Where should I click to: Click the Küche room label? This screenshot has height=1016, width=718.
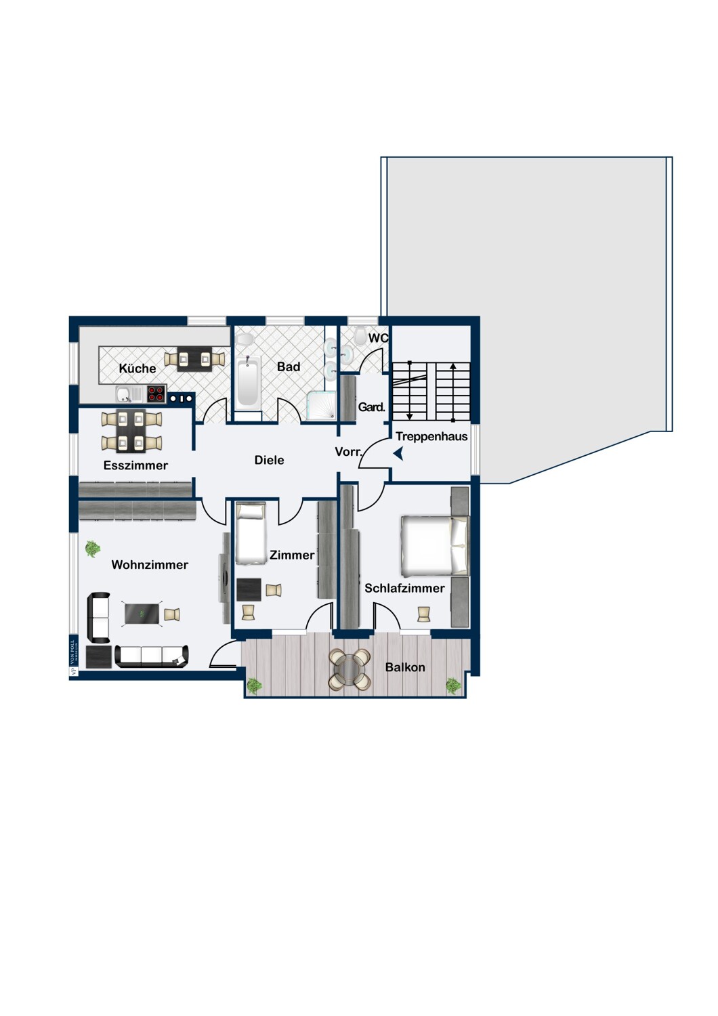click(x=138, y=368)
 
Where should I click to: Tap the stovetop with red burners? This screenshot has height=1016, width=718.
click(x=156, y=394)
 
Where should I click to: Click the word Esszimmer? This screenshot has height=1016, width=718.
click(x=135, y=465)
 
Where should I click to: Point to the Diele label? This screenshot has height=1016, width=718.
click(x=269, y=460)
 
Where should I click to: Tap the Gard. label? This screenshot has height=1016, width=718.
click(x=371, y=407)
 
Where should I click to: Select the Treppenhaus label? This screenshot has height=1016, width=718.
click(x=431, y=437)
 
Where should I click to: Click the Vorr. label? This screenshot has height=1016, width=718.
click(x=348, y=452)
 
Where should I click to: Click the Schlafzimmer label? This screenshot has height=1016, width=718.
click(x=404, y=589)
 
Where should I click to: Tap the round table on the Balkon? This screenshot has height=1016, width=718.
click(x=350, y=669)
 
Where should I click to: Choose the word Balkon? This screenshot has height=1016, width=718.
click(x=405, y=667)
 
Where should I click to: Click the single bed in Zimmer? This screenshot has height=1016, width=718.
click(x=250, y=534)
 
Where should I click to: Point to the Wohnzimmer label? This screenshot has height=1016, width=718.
click(x=150, y=565)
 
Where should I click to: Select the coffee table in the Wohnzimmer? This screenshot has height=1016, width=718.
click(x=142, y=614)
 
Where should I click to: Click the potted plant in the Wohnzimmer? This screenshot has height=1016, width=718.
click(x=92, y=549)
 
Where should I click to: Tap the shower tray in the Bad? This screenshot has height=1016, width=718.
click(x=321, y=406)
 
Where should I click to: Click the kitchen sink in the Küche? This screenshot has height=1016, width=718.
click(x=123, y=394)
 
